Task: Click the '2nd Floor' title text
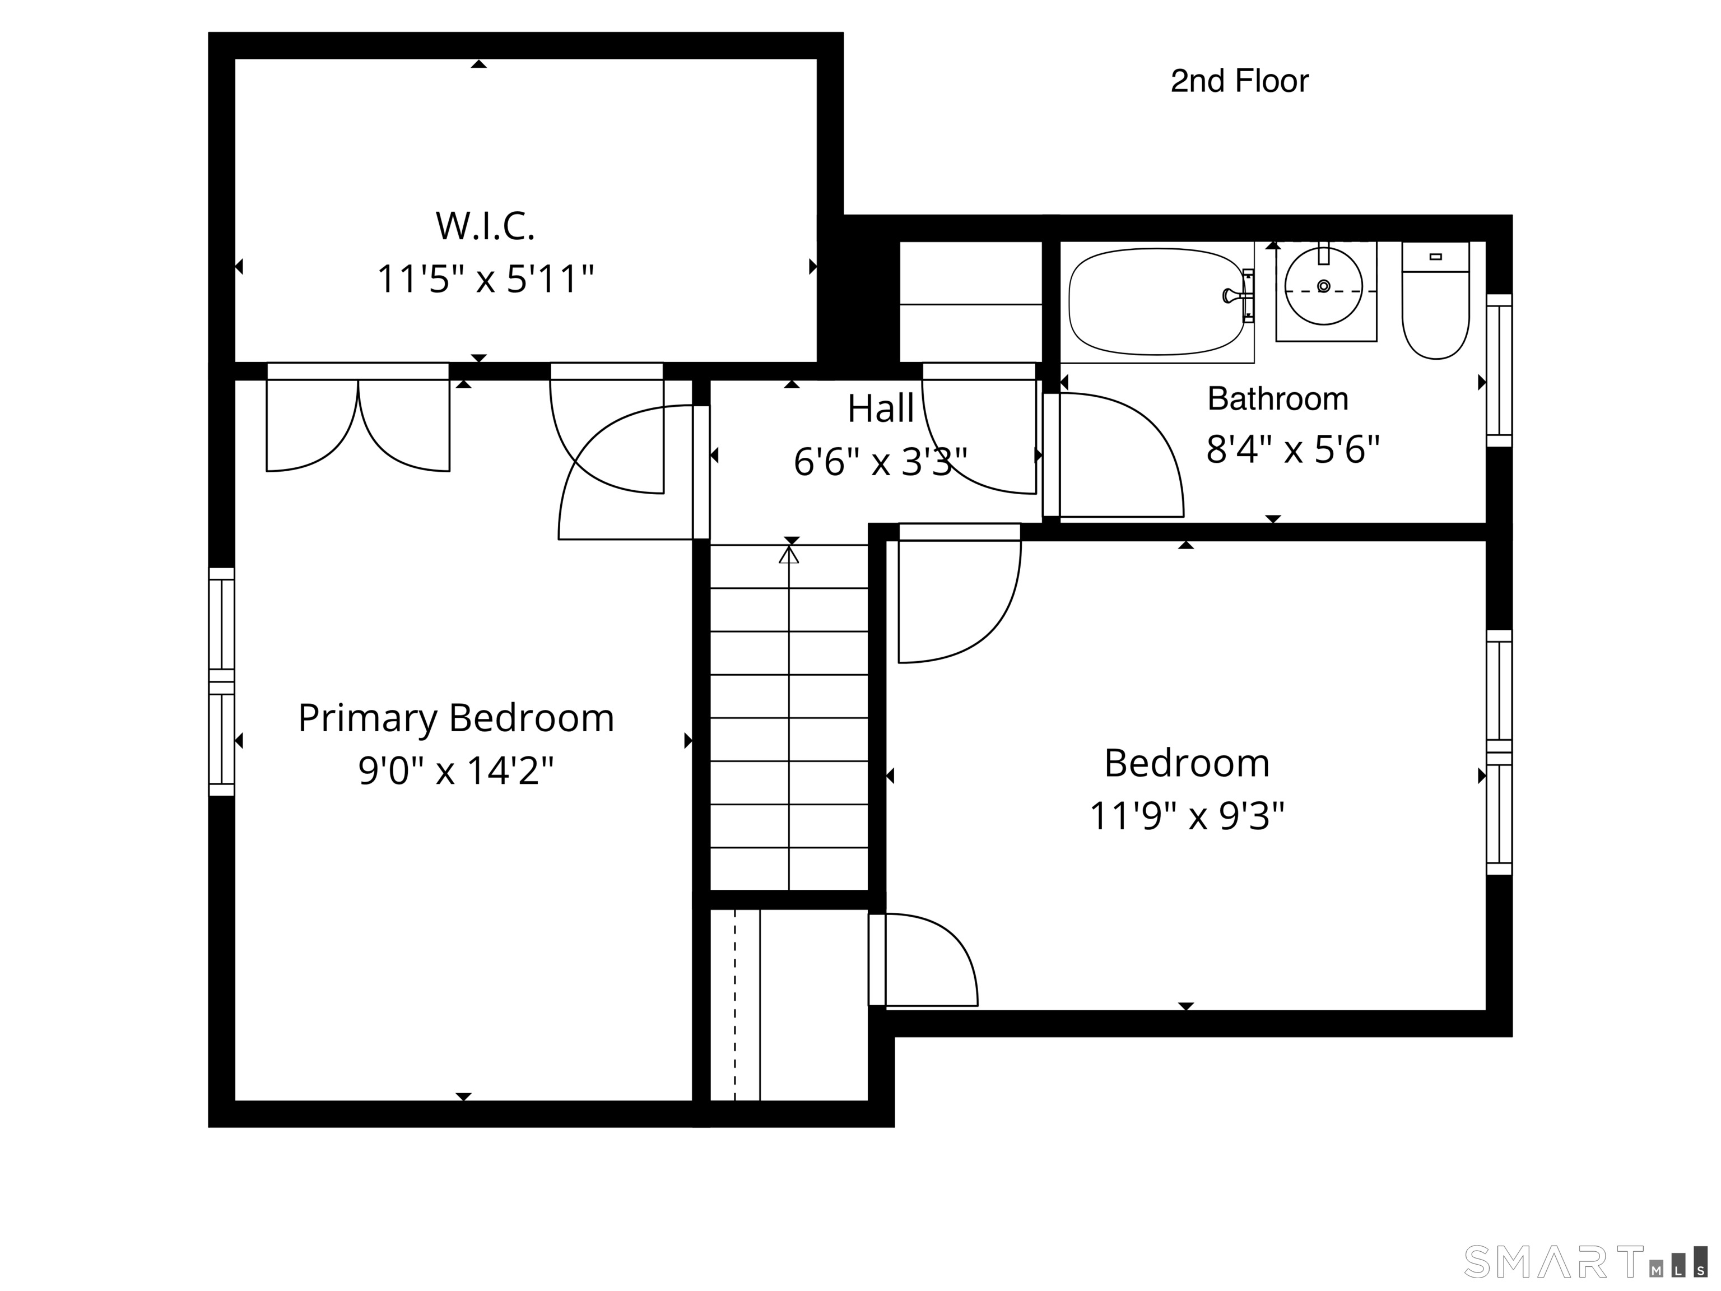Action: [1239, 81]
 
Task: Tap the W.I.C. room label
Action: [485, 226]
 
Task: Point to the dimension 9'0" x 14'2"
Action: [456, 770]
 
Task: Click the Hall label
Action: [881, 408]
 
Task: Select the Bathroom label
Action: [1277, 398]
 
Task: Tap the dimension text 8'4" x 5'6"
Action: [1293, 449]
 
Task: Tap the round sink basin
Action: [1323, 286]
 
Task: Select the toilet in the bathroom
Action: [1435, 300]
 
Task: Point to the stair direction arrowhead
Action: [789, 554]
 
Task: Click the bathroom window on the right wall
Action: [1499, 370]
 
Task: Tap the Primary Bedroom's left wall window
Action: [222, 682]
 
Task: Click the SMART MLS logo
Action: [1585, 1261]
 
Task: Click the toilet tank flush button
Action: [1435, 257]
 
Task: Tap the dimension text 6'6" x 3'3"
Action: [880, 462]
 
